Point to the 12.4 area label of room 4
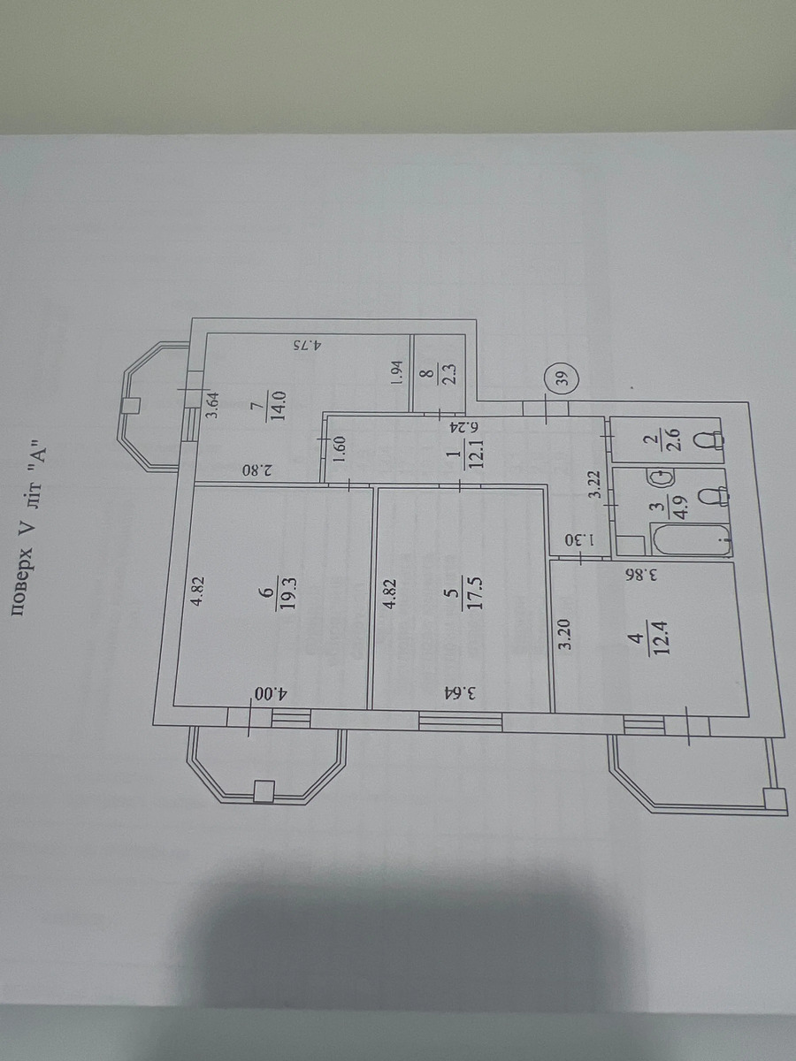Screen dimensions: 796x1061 coord(661,637)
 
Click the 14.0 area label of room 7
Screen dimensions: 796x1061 coord(280,407)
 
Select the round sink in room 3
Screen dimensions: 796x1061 coord(660,479)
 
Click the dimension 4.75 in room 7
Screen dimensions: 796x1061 coord(308,345)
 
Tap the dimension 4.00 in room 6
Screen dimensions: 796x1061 coord(270,695)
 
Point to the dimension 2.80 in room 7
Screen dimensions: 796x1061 coord(258,469)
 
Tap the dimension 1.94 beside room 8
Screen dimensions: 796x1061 coord(396,372)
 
